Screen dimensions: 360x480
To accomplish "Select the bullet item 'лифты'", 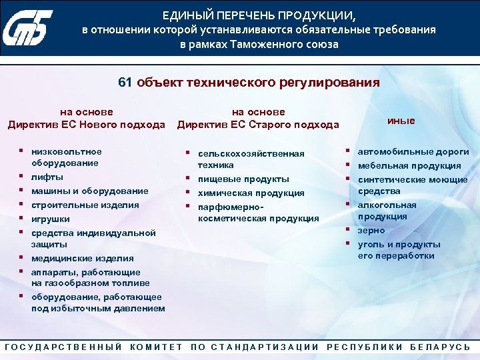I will click(47, 177).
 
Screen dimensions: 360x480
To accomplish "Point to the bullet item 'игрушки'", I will click(51, 219).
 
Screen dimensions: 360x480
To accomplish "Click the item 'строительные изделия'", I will click(85, 205).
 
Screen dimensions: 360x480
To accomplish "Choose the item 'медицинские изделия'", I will click(83, 258).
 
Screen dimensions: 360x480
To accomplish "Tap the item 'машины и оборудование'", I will click(90, 191).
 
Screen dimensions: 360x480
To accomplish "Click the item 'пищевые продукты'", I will click(243, 179).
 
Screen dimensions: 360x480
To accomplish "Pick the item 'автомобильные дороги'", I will click(413, 151).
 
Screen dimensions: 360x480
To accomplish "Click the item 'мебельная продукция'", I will click(409, 165).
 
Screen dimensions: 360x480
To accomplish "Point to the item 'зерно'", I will click(371, 230).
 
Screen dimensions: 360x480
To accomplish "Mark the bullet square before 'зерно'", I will click(348, 229).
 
